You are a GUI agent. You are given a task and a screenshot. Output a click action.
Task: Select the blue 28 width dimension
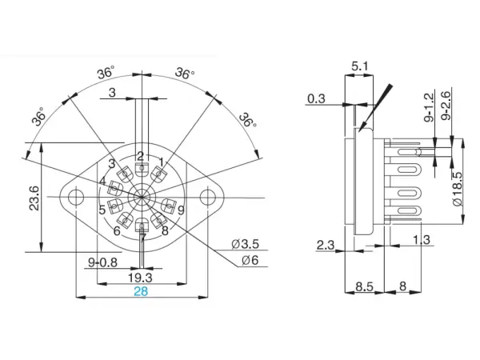(141, 291)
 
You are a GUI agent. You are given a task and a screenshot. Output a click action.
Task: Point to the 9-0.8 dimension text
(102, 261)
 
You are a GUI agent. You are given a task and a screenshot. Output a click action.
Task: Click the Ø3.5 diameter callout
(244, 242)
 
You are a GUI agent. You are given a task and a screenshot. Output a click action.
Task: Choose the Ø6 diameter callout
(248, 261)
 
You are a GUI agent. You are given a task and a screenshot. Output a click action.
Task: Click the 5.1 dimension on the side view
(360, 69)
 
